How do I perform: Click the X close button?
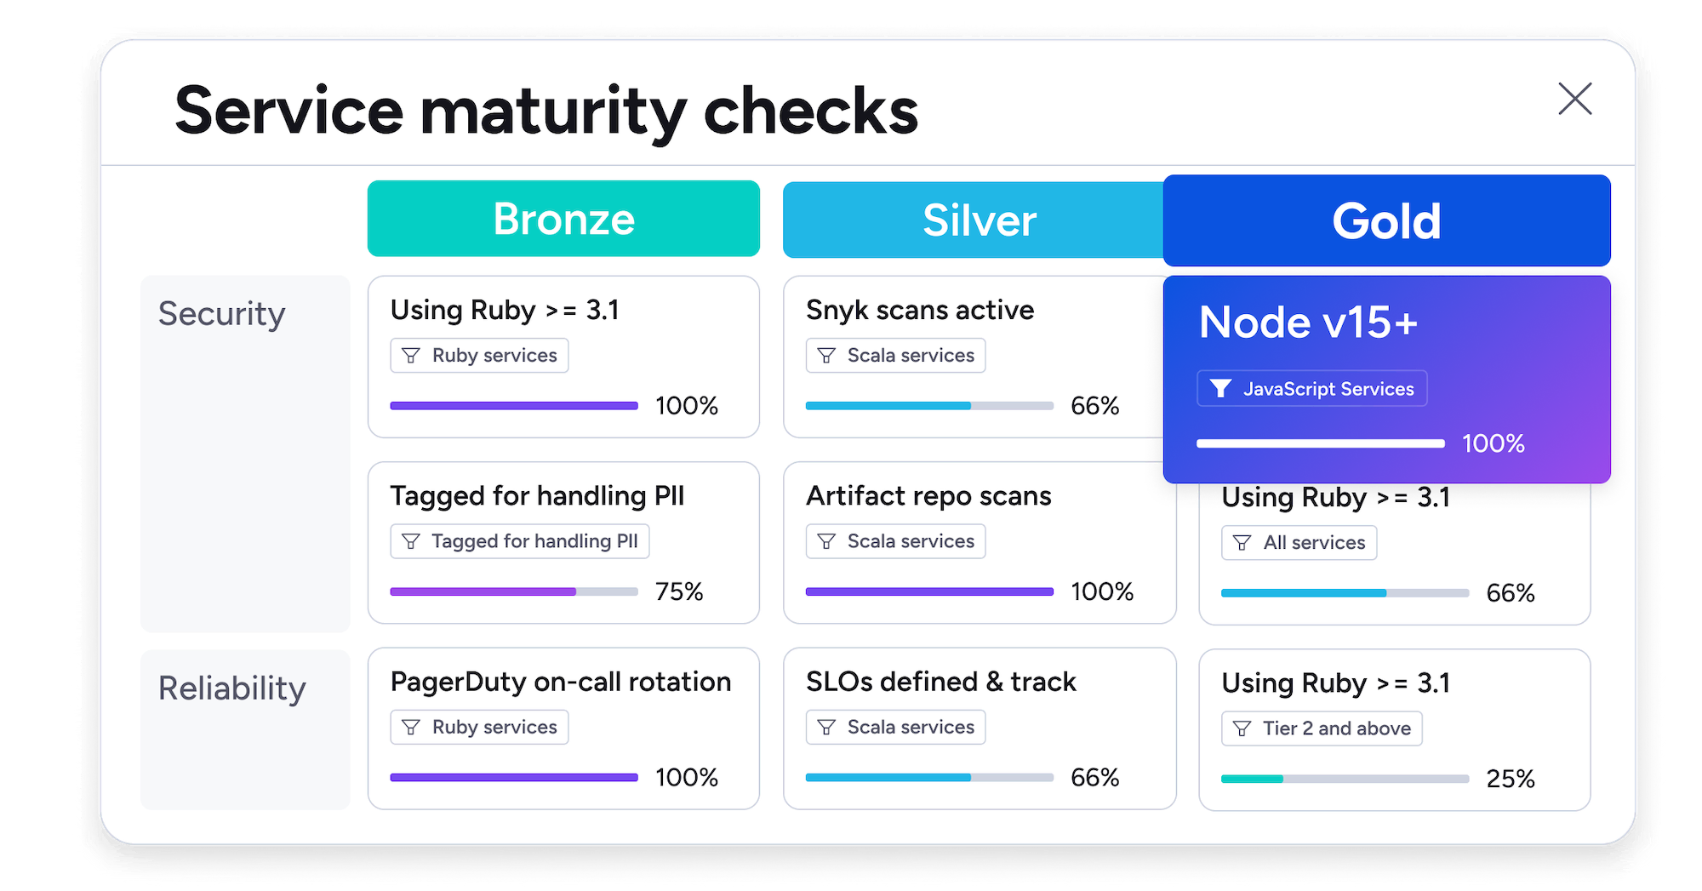coord(1574,99)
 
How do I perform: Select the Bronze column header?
coord(563,219)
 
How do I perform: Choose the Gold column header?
coord(1386,221)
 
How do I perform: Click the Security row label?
coord(221,314)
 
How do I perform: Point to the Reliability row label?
coord(231,688)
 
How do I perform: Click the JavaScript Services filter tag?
coord(1311,389)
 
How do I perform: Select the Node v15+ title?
coord(1308,323)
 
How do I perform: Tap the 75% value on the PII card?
coord(678,591)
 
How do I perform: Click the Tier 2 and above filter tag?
coord(1321,728)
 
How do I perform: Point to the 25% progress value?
coord(1510,779)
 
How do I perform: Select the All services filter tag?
coord(1299,543)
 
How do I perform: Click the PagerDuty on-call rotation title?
coord(560,682)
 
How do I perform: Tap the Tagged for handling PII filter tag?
coord(519,541)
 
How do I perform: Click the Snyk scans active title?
coord(919,310)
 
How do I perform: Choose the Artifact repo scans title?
coord(928,496)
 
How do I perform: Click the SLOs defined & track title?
coord(940,682)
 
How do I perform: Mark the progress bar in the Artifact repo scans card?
coord(928,591)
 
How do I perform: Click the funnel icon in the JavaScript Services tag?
coord(1220,389)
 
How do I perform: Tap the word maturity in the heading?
coord(552,112)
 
